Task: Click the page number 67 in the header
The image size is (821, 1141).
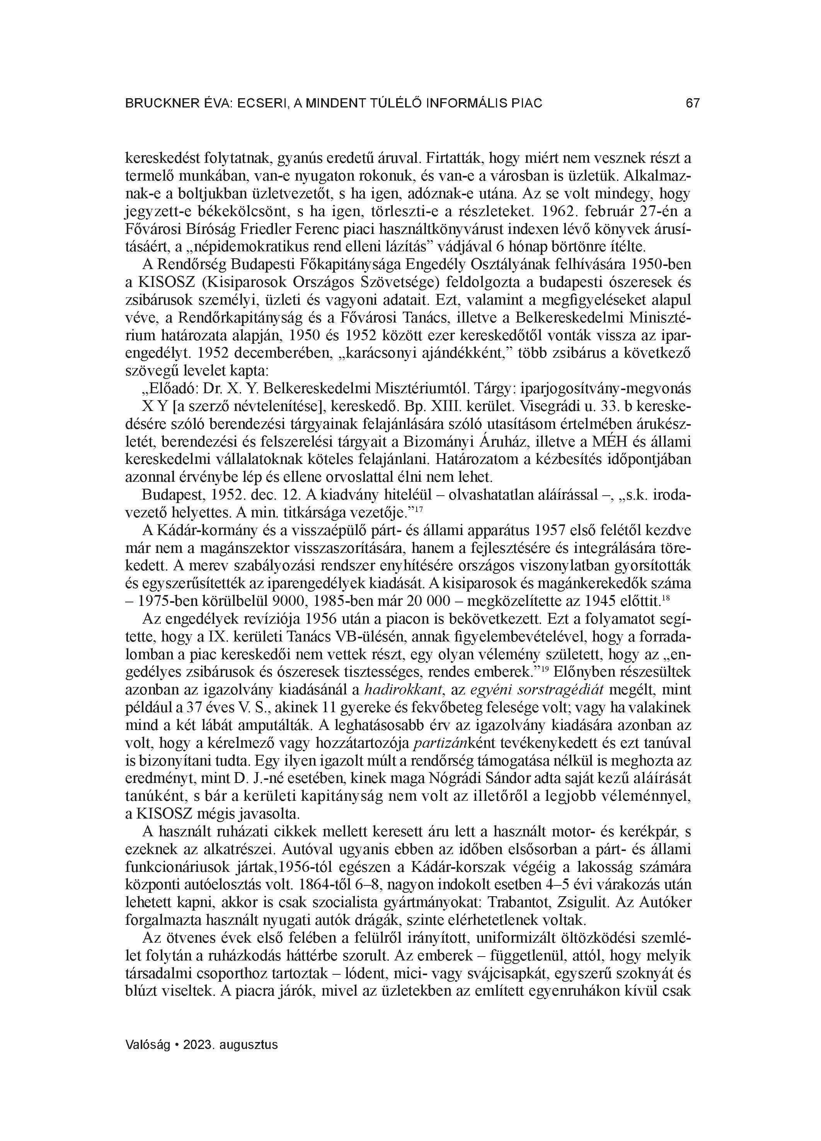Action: coord(693,104)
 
